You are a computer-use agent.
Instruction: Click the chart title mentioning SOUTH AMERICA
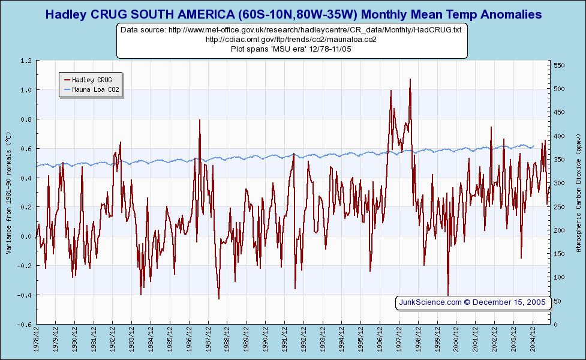(x=293, y=14)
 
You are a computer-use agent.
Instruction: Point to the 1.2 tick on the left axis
(x=26, y=61)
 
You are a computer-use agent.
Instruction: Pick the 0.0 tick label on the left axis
(x=26, y=236)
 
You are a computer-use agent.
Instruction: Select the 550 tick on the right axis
(x=560, y=65)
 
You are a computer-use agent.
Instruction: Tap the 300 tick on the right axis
(x=560, y=183)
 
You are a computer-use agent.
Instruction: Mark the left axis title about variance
(x=8, y=192)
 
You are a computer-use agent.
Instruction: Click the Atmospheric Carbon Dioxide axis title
(x=578, y=192)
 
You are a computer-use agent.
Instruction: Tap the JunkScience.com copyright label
(x=472, y=302)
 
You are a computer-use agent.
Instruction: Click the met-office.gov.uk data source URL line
(x=291, y=29)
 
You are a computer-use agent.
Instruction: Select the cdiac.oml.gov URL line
(x=291, y=39)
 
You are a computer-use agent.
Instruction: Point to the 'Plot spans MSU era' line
(x=291, y=49)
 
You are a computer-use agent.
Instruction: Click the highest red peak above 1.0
(x=410, y=79)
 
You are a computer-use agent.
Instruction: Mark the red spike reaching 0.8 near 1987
(x=200, y=120)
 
